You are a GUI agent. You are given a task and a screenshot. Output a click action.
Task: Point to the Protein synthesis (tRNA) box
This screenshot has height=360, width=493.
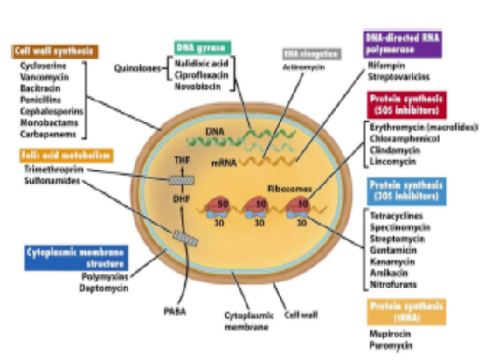tap(406, 311)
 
